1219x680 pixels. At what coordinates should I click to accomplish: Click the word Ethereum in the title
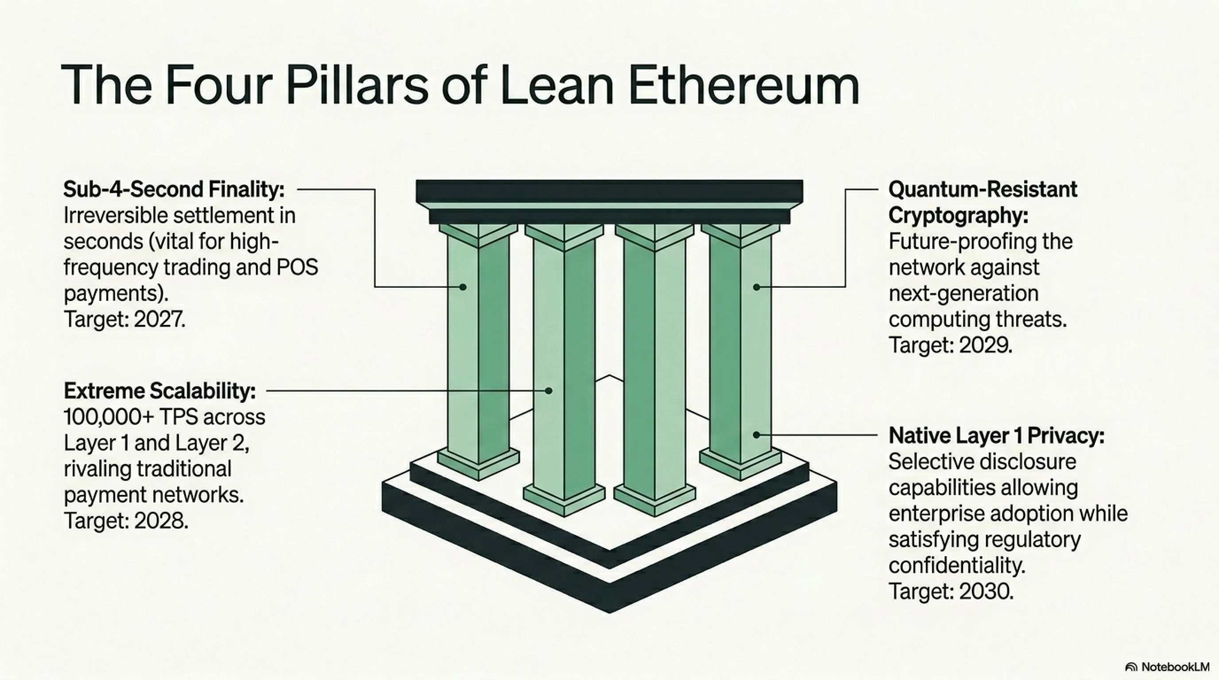tap(743, 85)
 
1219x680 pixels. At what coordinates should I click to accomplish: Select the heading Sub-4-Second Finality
tap(174, 189)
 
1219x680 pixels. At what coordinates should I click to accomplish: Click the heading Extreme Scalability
tap(159, 391)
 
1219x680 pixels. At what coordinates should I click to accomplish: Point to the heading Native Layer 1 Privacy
tap(997, 436)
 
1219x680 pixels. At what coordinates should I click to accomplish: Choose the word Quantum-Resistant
tap(983, 189)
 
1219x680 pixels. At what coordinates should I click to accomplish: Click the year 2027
tap(160, 319)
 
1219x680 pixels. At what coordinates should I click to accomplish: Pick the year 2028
tap(161, 521)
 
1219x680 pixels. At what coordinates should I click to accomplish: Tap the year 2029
tap(986, 345)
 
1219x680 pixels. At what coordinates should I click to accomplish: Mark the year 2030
tap(986, 591)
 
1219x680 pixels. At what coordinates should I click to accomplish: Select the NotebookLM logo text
tap(1175, 667)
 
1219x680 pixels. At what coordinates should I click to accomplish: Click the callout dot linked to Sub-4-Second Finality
tap(463, 287)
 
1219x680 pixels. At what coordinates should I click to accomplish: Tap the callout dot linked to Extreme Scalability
tap(548, 390)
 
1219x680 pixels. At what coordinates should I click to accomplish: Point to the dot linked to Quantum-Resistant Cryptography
tap(757, 287)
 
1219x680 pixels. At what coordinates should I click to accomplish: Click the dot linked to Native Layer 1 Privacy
tap(757, 435)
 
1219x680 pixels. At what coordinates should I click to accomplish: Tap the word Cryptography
tap(958, 216)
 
